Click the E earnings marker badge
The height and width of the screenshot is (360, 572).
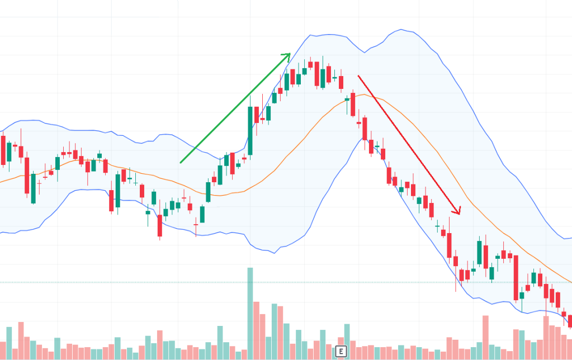[x=340, y=351]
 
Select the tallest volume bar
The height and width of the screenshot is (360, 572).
[x=250, y=313]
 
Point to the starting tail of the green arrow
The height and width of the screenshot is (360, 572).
[x=181, y=163]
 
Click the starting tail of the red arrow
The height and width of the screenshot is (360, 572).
[x=358, y=75]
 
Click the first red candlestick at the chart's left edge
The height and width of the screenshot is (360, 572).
[x=3, y=150]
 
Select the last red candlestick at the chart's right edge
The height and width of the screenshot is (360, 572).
[x=570, y=320]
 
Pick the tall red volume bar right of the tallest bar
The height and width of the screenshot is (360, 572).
[x=256, y=330]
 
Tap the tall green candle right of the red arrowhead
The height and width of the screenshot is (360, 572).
[x=479, y=253]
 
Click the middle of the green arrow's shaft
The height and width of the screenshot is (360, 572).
[x=235, y=108]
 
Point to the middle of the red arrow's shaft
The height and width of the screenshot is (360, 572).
[x=408, y=144]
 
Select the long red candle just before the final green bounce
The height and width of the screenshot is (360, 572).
[x=516, y=278]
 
